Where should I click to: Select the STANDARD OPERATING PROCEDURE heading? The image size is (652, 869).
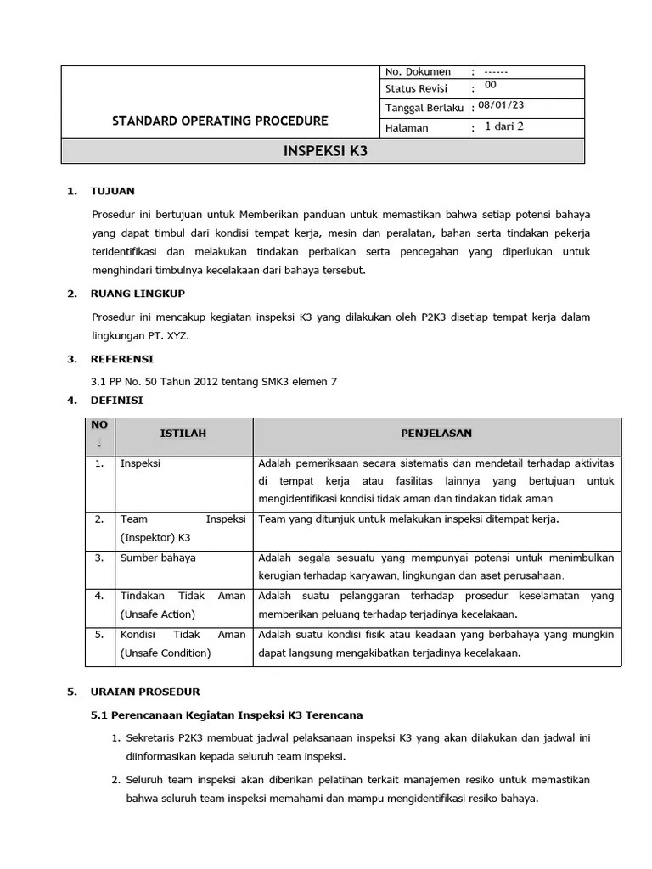click(x=220, y=121)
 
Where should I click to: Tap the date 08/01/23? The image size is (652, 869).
click(x=501, y=105)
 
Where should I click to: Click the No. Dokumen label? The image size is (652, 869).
click(x=418, y=72)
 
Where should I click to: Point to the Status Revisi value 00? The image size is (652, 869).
click(x=491, y=86)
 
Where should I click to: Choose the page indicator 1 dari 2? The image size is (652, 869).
click(x=504, y=126)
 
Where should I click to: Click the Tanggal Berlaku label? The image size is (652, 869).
click(x=424, y=108)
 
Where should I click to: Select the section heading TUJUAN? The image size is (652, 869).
click(x=112, y=191)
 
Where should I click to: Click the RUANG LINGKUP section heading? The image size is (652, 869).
click(x=138, y=294)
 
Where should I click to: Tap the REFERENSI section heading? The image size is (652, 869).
click(x=122, y=359)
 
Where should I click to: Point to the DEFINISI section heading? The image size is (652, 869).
click(x=117, y=400)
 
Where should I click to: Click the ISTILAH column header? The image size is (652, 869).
click(x=183, y=434)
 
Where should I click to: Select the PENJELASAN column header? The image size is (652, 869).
click(x=436, y=434)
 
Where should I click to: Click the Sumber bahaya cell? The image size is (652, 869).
click(x=158, y=558)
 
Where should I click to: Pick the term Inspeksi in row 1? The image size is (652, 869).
click(x=140, y=463)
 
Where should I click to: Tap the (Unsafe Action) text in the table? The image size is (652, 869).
click(x=158, y=614)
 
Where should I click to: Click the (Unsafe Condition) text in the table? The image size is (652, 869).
click(x=166, y=653)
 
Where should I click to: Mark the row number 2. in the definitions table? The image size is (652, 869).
click(x=99, y=519)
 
